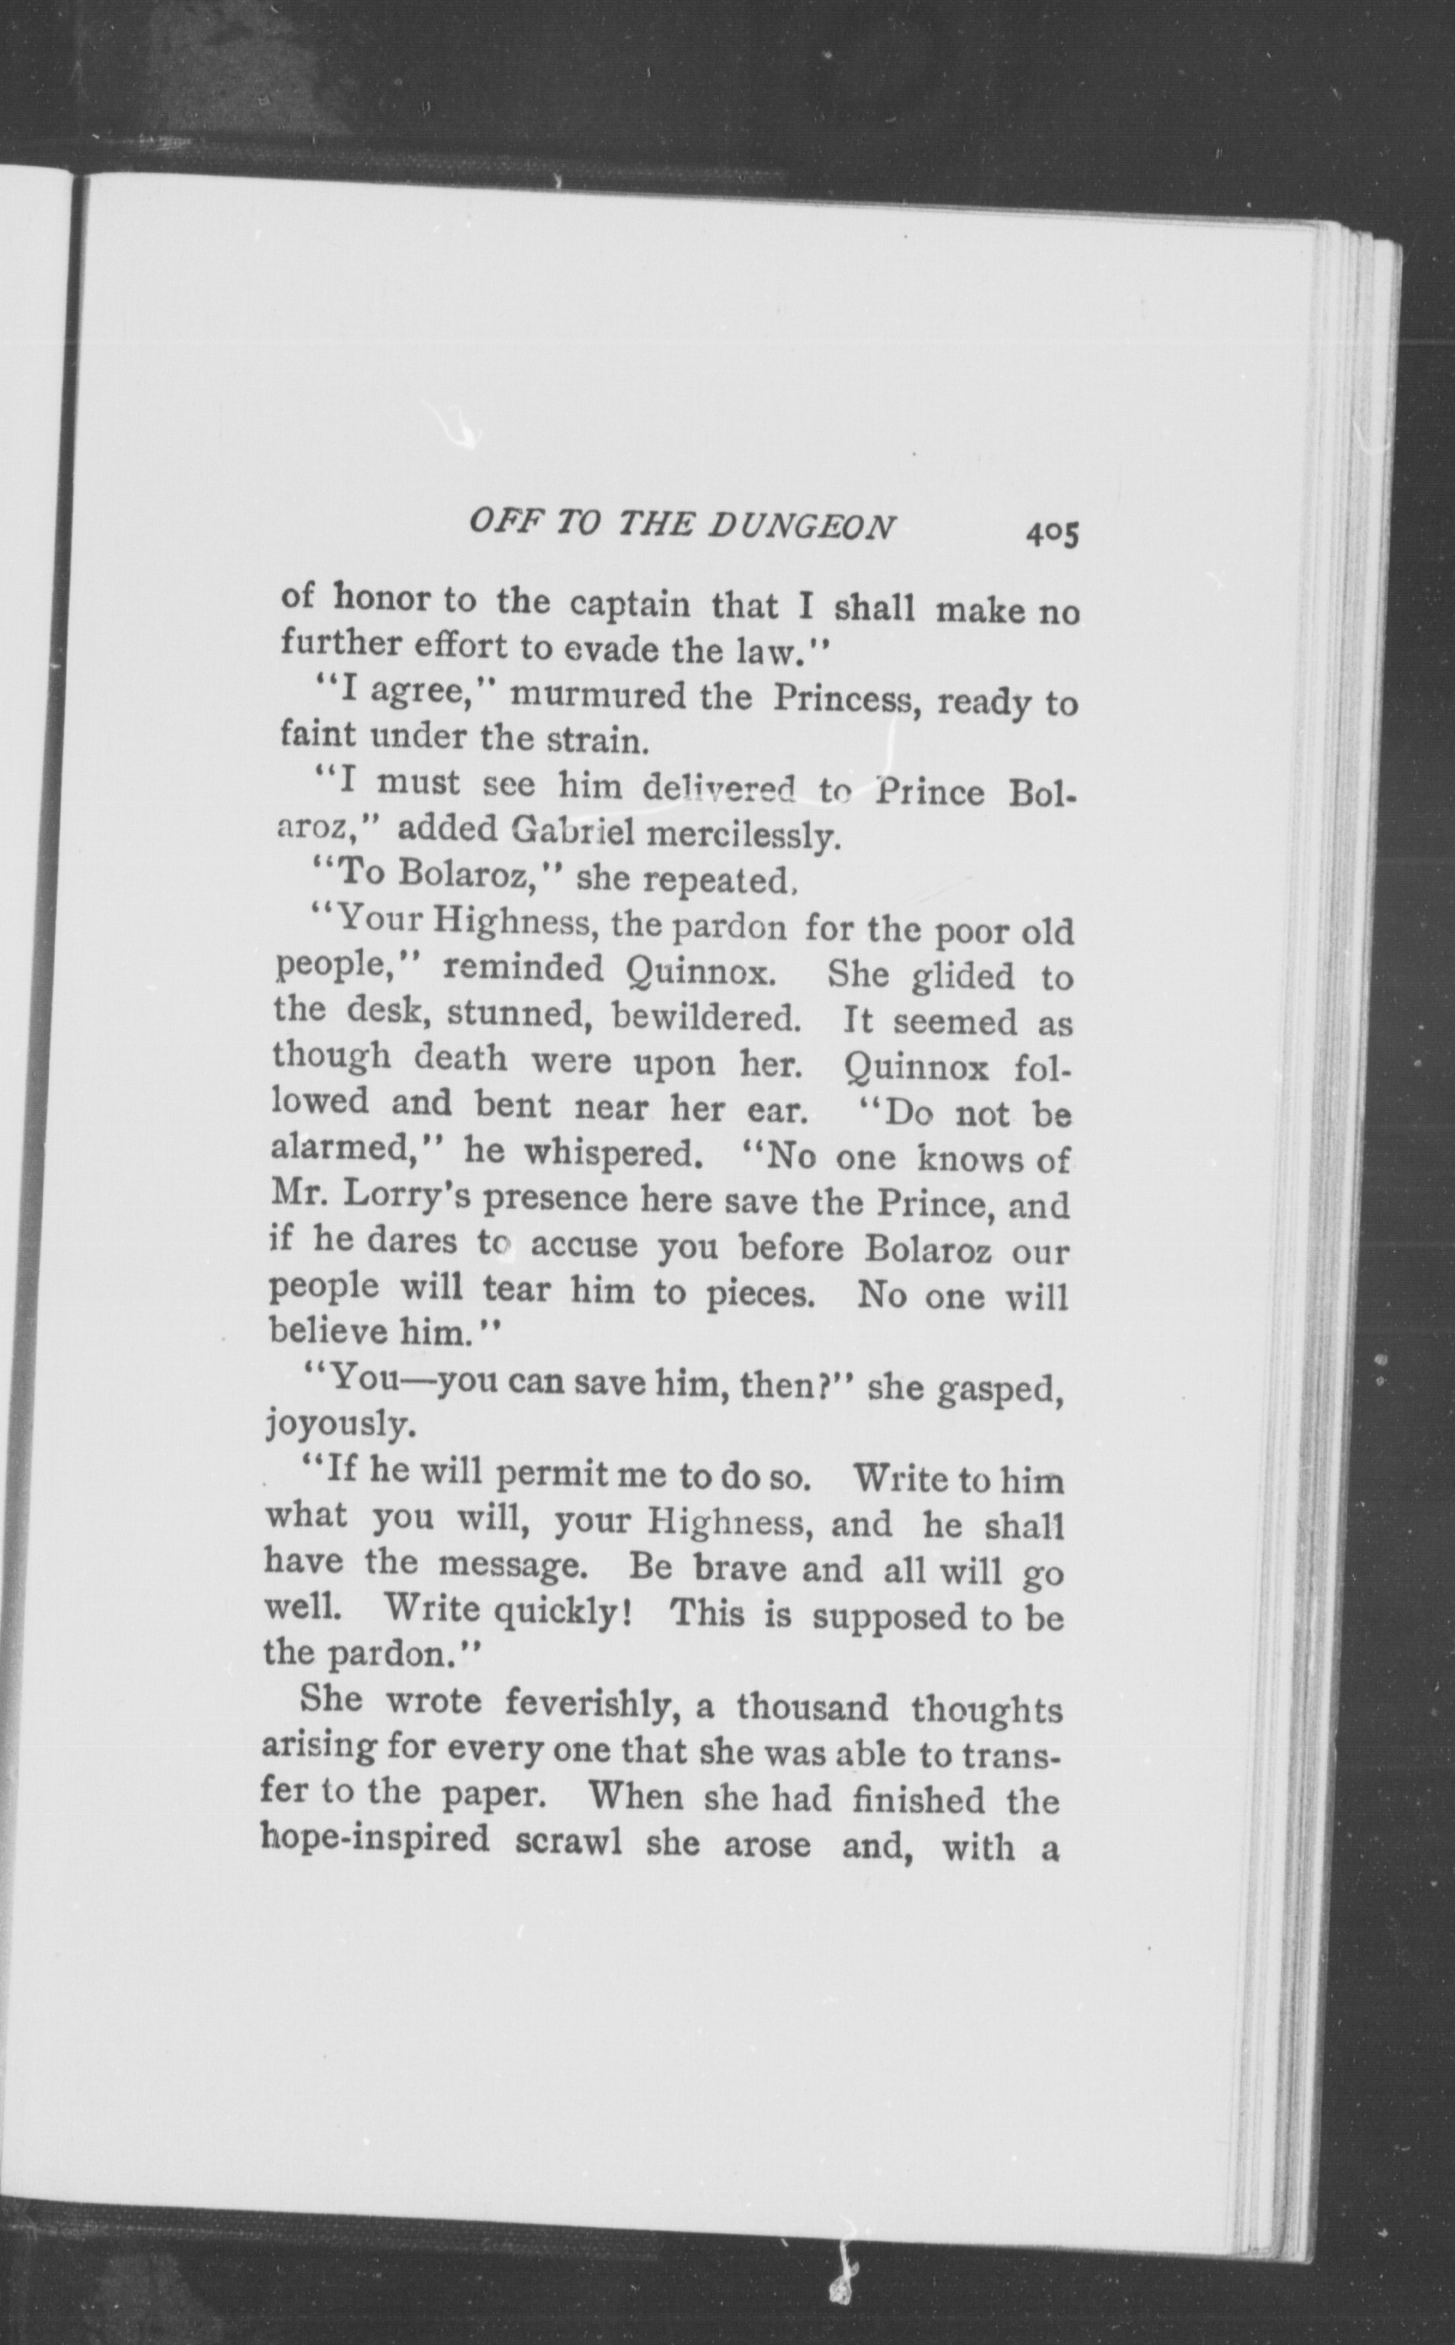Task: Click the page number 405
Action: [x=1052, y=531]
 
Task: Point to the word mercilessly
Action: [x=743, y=836]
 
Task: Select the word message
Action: [x=511, y=1565]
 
